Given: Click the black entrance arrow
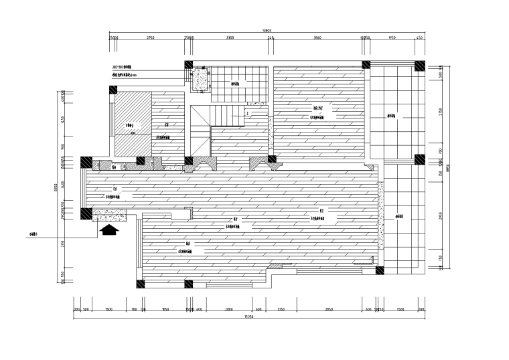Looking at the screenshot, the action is pyautogui.click(x=109, y=230).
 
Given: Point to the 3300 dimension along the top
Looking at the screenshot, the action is pyautogui.click(x=230, y=38).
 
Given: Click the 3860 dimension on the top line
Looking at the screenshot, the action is pyautogui.click(x=317, y=38).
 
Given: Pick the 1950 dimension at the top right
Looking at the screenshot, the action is pyautogui.click(x=392, y=38).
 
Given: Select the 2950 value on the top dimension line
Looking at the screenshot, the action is pyautogui.click(x=150, y=38).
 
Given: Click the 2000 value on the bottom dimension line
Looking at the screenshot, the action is pyautogui.click(x=228, y=310).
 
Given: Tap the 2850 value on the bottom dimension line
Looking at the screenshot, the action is pyautogui.click(x=329, y=310).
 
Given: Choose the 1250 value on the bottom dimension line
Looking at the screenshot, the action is pyautogui.click(x=281, y=310).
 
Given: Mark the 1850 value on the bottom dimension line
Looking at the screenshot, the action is pyautogui.click(x=165, y=310).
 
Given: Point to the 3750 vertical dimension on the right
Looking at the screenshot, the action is pyautogui.click(x=441, y=112).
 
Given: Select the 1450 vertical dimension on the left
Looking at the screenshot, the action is pyautogui.click(x=62, y=120).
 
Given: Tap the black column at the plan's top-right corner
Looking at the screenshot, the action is pyautogui.click(x=419, y=66).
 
